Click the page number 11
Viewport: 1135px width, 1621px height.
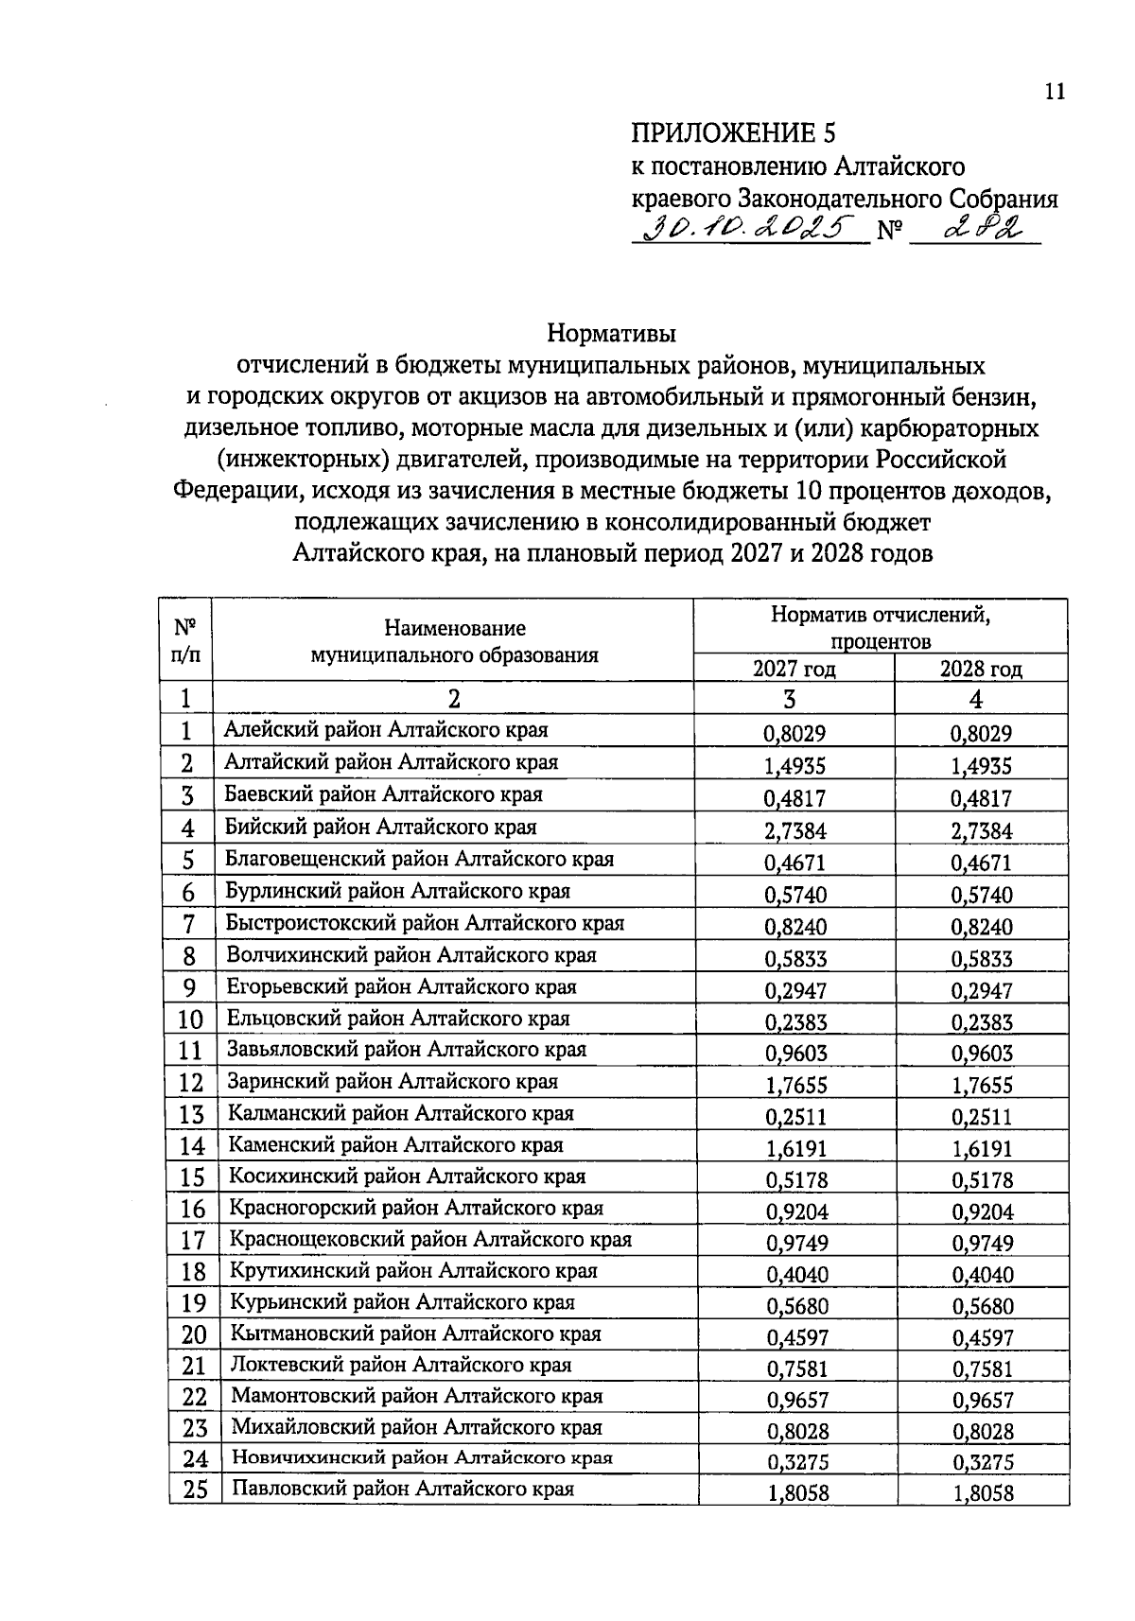pyautogui.click(x=1055, y=92)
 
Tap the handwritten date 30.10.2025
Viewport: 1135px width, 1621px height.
pyautogui.click(x=747, y=229)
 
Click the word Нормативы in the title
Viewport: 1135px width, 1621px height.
pyautogui.click(x=612, y=334)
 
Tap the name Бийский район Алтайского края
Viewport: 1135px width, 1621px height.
pyautogui.click(x=380, y=827)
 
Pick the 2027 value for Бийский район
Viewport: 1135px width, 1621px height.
pyautogui.click(x=794, y=831)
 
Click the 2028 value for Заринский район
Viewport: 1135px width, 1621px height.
pyautogui.click(x=981, y=1086)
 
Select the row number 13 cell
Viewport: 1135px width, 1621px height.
pyautogui.click(x=191, y=1115)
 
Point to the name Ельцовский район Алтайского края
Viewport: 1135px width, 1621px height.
pyautogui.click(x=397, y=1019)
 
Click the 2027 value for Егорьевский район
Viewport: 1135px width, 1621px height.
pyautogui.click(x=794, y=990)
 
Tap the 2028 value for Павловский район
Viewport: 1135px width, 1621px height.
pyautogui.click(x=982, y=1493)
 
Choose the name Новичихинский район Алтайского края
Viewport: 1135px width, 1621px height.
pyautogui.click(x=422, y=1458)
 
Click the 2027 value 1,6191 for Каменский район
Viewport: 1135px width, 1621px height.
pyautogui.click(x=794, y=1149)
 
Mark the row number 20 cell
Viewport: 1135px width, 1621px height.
pyautogui.click(x=193, y=1335)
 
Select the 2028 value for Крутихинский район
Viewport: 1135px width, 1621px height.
pyautogui.click(x=982, y=1275)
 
